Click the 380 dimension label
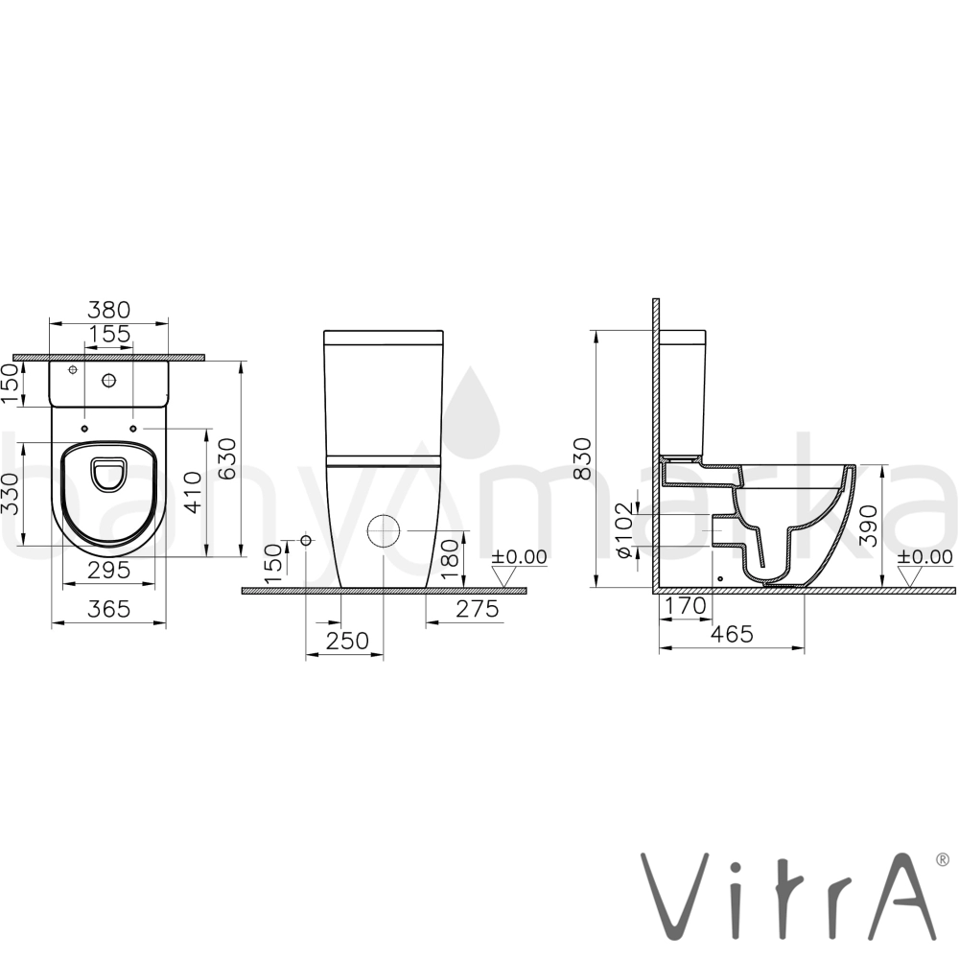(x=109, y=310)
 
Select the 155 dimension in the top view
(x=110, y=334)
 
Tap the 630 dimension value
(x=226, y=458)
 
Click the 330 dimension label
(x=12, y=494)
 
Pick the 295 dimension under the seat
(x=109, y=570)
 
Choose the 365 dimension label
(x=109, y=609)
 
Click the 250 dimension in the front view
(x=347, y=641)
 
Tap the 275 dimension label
(x=477, y=609)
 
